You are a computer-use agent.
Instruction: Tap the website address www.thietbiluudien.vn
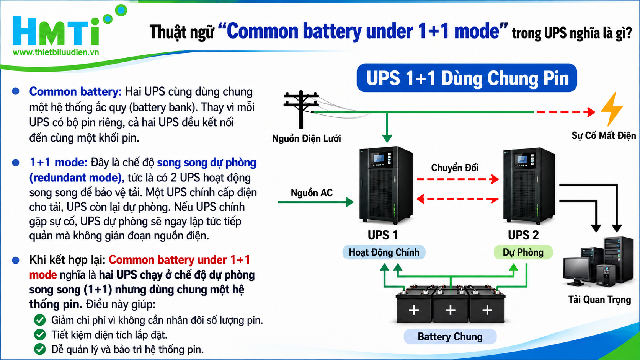(x=56, y=52)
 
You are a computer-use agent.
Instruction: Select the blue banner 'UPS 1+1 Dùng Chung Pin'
(x=467, y=78)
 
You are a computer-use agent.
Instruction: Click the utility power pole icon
(x=301, y=109)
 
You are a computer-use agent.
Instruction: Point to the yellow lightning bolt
(x=612, y=109)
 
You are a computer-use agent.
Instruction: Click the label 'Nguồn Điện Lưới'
(x=306, y=138)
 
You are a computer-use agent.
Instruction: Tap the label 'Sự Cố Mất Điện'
(x=603, y=135)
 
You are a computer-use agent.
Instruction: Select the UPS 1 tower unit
(x=386, y=185)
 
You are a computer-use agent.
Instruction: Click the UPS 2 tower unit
(x=529, y=186)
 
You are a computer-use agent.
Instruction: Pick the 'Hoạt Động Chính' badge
(x=384, y=252)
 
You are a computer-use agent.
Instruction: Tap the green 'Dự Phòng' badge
(x=523, y=252)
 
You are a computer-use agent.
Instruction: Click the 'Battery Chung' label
(x=450, y=336)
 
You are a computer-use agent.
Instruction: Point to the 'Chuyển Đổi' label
(x=455, y=168)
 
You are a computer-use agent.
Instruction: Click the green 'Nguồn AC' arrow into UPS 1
(x=316, y=202)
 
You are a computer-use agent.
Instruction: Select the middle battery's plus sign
(x=450, y=310)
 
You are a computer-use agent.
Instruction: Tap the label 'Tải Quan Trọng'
(x=599, y=300)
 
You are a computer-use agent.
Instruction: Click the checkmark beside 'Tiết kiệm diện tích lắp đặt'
(x=40, y=335)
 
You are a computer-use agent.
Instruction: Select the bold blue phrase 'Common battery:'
(x=75, y=92)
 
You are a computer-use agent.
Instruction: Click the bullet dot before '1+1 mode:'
(x=16, y=163)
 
